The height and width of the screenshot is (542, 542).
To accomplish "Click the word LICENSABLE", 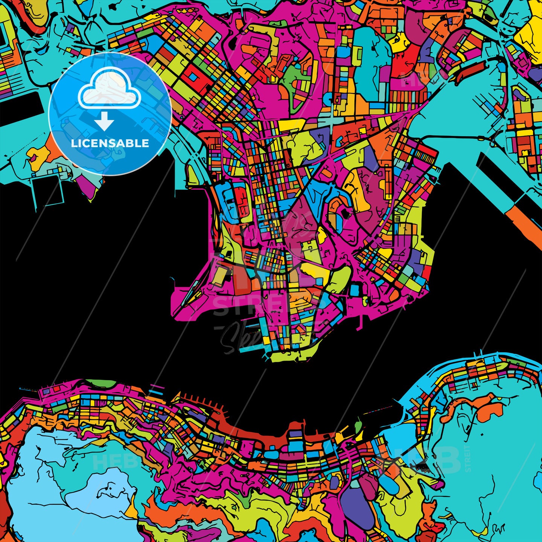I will [110, 143].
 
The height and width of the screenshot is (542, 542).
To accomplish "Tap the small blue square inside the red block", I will [193, 76].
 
